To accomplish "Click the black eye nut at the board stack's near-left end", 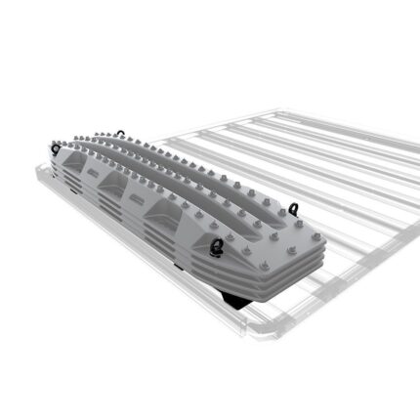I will click(56, 148).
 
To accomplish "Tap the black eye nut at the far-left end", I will click(119, 133).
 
